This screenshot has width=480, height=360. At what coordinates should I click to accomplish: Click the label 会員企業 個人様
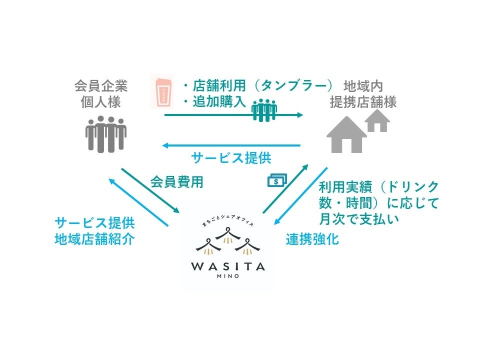tap(101, 94)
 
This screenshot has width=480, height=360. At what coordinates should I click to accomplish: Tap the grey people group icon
tap(105, 133)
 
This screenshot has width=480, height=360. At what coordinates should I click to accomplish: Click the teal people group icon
tap(264, 110)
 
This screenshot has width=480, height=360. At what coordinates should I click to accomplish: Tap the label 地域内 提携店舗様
tap(363, 94)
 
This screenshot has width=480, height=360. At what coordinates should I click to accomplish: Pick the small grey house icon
tap(377, 120)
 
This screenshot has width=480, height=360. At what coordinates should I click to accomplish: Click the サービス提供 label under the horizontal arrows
tap(231, 158)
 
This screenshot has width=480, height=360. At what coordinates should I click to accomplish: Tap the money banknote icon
tap(277, 180)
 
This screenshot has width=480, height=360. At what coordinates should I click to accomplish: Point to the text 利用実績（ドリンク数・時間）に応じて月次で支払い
tap(378, 202)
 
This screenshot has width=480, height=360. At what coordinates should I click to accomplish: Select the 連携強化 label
tap(312, 239)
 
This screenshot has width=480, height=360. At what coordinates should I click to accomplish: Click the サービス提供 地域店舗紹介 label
tap(94, 231)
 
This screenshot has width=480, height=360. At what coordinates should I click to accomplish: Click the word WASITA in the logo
tap(227, 266)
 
